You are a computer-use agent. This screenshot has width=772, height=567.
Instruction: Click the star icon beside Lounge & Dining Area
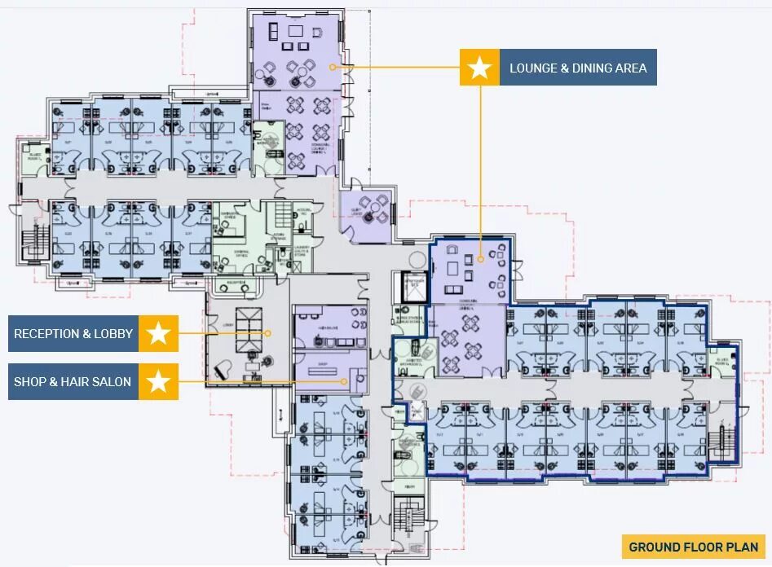480,68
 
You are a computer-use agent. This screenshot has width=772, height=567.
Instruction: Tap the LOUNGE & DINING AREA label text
578,68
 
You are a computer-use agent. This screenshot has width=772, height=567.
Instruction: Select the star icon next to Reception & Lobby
158,333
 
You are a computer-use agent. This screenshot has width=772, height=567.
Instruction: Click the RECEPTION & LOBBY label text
74,333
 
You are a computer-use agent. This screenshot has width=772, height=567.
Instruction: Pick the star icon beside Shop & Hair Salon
158,380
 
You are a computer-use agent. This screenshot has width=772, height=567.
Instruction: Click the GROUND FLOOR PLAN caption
694,547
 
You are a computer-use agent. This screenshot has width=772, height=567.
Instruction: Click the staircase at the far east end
722,445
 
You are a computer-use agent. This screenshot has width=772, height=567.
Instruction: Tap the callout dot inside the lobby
268,332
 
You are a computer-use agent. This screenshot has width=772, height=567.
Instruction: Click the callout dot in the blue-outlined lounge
481,258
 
